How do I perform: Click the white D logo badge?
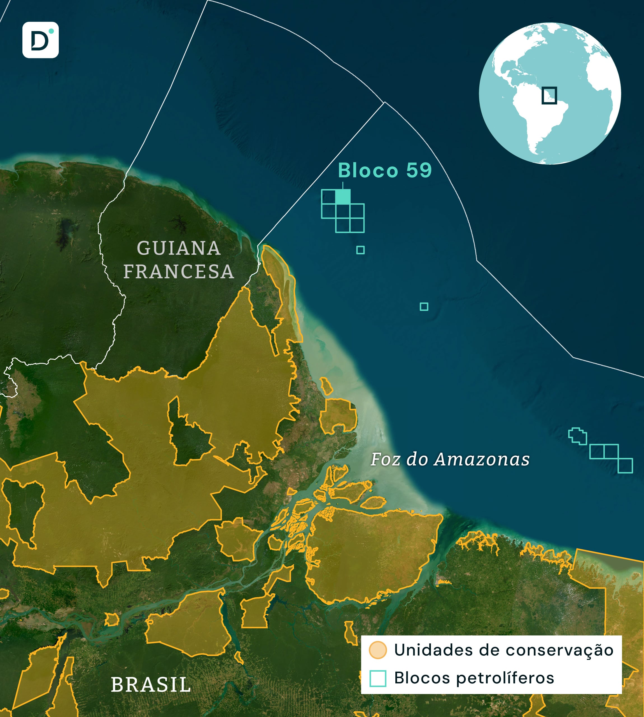point(40,40)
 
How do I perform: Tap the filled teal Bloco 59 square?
point(342,196)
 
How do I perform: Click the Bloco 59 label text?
point(385,170)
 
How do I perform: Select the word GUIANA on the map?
point(179,248)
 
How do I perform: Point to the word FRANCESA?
point(179,271)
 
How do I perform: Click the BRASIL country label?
point(151,685)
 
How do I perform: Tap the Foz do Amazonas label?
point(450,459)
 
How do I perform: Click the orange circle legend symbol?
point(377,650)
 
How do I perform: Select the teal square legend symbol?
point(377,678)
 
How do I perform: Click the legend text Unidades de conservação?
point(504,650)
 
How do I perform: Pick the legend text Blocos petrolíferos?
point(474,678)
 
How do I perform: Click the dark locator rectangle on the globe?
point(549,95)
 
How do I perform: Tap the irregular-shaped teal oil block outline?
point(577,436)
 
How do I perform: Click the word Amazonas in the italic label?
point(482,459)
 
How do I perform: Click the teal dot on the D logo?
point(51,31)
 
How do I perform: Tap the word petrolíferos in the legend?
point(505,678)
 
